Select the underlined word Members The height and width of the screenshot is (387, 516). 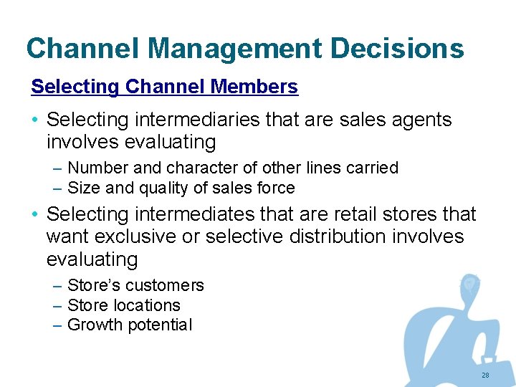pyautogui.click(x=254, y=87)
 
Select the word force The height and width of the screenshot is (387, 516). pyautogui.click(x=275, y=188)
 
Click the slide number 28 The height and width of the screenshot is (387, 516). pyautogui.click(x=485, y=376)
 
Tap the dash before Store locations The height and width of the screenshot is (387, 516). pyautogui.click(x=57, y=305)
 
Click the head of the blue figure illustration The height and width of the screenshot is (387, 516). pyautogui.click(x=469, y=285)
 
